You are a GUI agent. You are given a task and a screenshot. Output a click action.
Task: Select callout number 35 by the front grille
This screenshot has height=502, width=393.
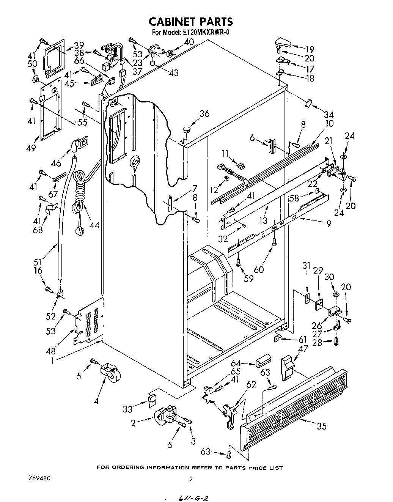321,426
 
